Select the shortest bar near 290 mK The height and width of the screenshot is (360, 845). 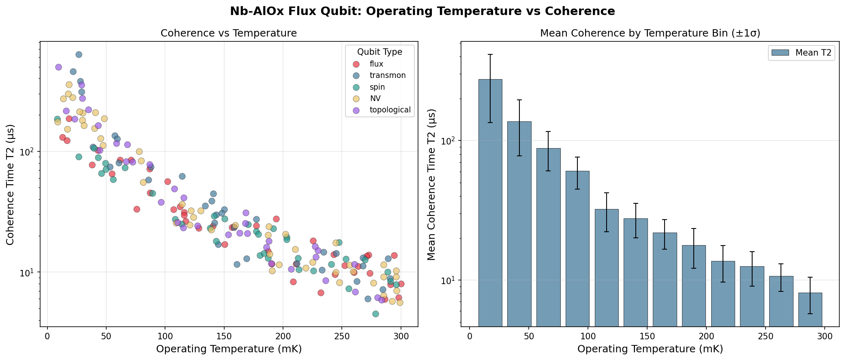point(810,309)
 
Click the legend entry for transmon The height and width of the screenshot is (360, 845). point(387,75)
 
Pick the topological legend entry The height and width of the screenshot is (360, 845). point(390,110)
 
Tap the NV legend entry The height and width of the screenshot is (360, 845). point(375,99)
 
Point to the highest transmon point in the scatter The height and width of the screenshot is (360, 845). point(79,54)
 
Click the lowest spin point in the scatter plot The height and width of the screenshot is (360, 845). point(375,314)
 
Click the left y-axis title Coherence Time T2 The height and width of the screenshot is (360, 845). point(11,185)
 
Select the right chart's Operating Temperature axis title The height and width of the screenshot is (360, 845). point(650,349)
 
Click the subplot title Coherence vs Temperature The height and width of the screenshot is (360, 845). point(229,33)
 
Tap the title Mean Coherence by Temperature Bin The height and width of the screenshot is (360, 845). point(650,33)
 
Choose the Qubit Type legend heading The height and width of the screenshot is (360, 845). point(380,52)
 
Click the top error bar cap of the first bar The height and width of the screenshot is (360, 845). point(490,54)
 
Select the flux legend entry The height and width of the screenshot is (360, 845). point(376,64)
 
